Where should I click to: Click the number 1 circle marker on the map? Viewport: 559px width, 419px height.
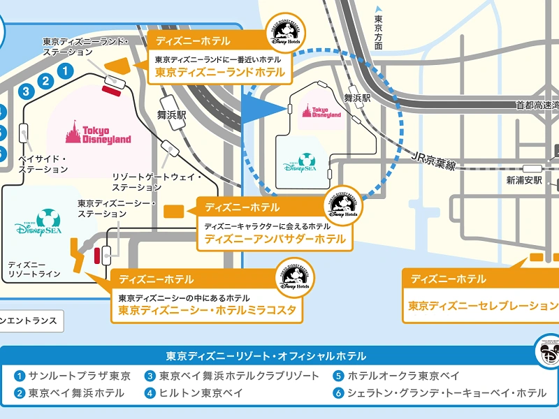coord(65,70)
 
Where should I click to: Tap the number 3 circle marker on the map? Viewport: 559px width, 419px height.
coord(26,91)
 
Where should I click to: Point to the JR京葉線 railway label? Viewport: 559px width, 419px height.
coord(433,160)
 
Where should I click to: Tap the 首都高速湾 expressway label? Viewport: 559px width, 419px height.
coord(537,105)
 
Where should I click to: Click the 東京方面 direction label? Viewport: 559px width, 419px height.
coord(379,31)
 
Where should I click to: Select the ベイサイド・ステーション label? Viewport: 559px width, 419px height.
coord(42,164)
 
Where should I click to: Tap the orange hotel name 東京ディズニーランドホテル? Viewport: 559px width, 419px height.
coord(219,72)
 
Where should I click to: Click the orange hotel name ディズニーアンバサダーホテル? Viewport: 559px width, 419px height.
coord(275,239)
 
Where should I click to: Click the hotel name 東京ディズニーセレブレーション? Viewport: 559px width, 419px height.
coord(483,305)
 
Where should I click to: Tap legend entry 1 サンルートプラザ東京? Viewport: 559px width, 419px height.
coord(73,376)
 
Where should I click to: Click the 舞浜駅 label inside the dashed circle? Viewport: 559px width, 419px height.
coord(356,100)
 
